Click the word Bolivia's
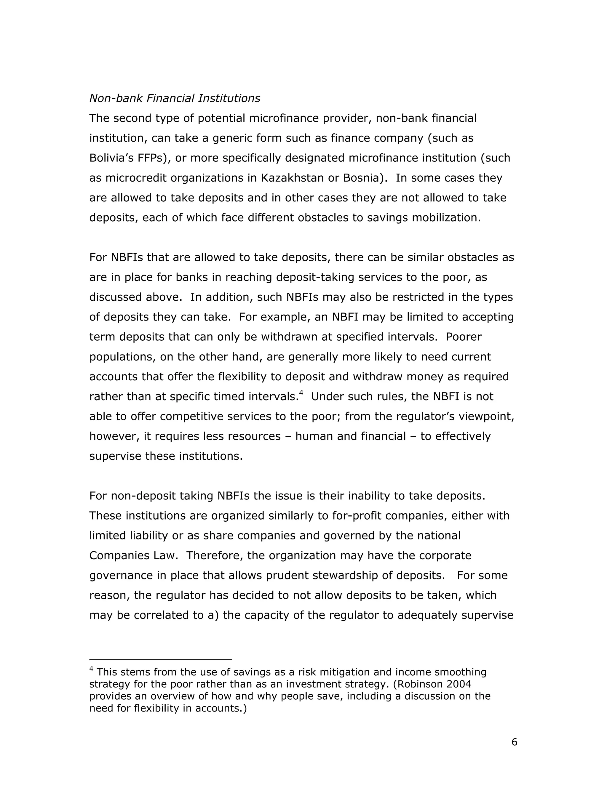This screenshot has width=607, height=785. tap(111, 158)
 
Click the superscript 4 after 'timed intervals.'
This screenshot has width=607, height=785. tap(301, 393)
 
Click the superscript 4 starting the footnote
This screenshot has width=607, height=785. tap(91, 669)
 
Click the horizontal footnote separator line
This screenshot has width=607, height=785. tap(160, 660)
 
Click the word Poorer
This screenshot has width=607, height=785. tap(464, 337)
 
